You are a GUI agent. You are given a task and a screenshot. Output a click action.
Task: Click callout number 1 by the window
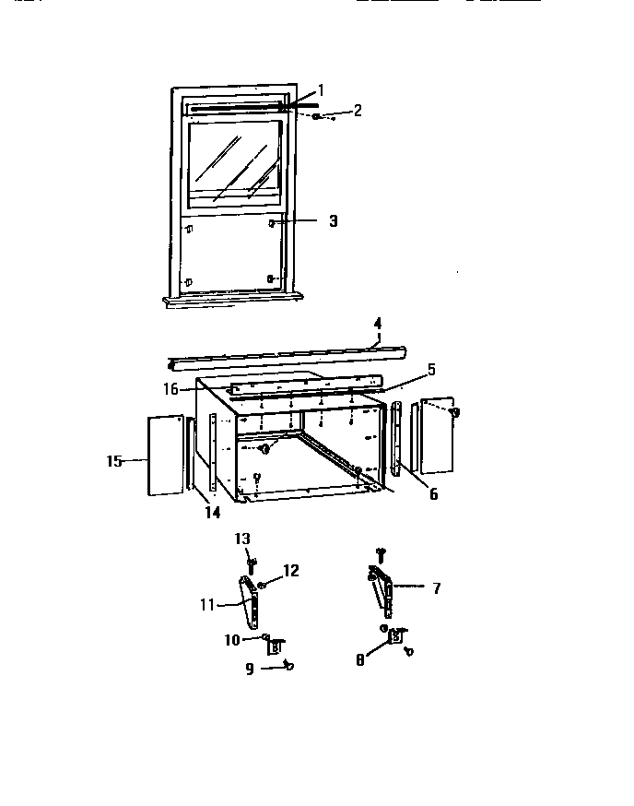coord(321,90)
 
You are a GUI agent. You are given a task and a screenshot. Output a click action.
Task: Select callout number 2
coord(358,110)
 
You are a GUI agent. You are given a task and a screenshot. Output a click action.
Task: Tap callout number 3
coord(333,221)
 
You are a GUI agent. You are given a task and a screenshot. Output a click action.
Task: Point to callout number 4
coord(377,324)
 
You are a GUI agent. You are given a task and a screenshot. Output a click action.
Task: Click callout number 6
coord(433,494)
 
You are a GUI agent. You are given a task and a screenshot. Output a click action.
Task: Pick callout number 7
coord(436,587)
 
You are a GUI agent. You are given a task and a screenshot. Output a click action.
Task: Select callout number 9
coord(250,669)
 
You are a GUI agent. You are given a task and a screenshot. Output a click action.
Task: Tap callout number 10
coord(233,639)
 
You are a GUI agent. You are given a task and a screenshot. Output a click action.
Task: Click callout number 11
coord(206,605)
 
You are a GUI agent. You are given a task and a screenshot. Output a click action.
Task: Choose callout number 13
coord(242,539)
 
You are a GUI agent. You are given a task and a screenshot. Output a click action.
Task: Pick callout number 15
coord(114,461)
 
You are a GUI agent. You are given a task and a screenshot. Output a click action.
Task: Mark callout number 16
coord(171,389)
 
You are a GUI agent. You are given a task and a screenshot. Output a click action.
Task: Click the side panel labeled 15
coord(165,455)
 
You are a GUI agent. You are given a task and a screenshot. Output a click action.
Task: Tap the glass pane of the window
coord(234,161)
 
